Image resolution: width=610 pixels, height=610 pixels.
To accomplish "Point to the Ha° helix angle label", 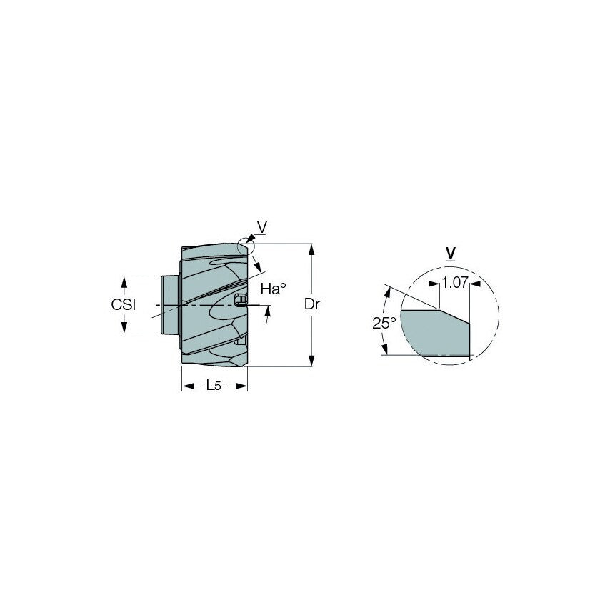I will pyautogui.click(x=273, y=289).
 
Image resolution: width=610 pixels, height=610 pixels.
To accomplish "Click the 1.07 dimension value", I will pyautogui.click(x=454, y=283).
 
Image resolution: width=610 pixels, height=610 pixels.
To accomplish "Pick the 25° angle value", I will pyautogui.click(x=384, y=323).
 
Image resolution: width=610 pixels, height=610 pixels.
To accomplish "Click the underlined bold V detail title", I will pyautogui.click(x=450, y=252).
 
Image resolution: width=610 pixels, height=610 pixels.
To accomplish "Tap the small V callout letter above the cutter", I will pyautogui.click(x=261, y=227).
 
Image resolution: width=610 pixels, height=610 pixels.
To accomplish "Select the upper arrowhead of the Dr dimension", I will pyautogui.click(x=311, y=249).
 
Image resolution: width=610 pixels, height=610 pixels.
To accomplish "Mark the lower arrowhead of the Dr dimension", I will pyautogui.click(x=311, y=361).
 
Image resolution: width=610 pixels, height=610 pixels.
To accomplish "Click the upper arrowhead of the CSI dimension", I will pyautogui.click(x=125, y=280).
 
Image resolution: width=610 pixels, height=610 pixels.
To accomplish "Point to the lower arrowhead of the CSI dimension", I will pyautogui.click(x=125, y=329).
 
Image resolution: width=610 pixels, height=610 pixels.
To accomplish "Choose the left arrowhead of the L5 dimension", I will pyautogui.click(x=186, y=386).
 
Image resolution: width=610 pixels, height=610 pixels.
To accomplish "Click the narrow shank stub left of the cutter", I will pyautogui.click(x=169, y=304).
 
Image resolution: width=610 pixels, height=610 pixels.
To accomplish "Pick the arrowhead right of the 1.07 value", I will pyautogui.click(x=476, y=284).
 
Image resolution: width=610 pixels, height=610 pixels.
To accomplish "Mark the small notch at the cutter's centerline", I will pyautogui.click(x=241, y=299).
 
